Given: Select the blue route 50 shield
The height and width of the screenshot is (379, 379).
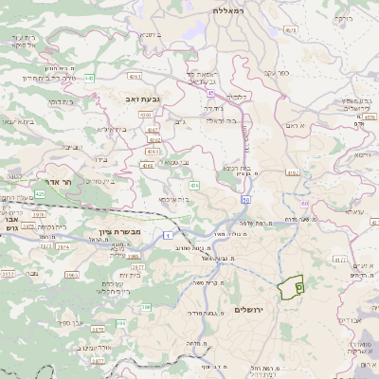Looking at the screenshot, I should [246, 200].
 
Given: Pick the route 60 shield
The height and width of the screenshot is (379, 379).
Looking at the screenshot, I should [302, 203].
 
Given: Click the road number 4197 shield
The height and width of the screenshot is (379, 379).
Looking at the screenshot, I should [292, 172].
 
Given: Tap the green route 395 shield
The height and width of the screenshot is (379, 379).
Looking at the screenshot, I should [120, 323].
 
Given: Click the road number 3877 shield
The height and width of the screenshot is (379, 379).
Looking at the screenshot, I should [137, 268].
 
